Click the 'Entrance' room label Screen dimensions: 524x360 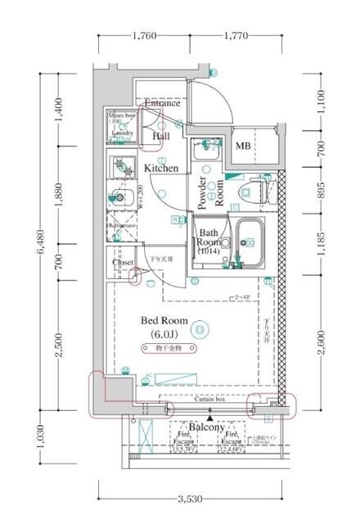click(162, 104)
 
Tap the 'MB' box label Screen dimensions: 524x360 click(244, 147)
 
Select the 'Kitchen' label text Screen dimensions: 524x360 click(161, 168)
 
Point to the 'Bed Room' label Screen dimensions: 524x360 click(164, 320)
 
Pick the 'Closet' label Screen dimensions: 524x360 click(123, 263)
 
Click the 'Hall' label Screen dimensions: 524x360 click(161, 136)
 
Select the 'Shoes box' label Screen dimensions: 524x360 click(122, 116)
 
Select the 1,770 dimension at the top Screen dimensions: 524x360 click(234, 36)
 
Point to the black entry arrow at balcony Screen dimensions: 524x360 click(210, 418)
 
